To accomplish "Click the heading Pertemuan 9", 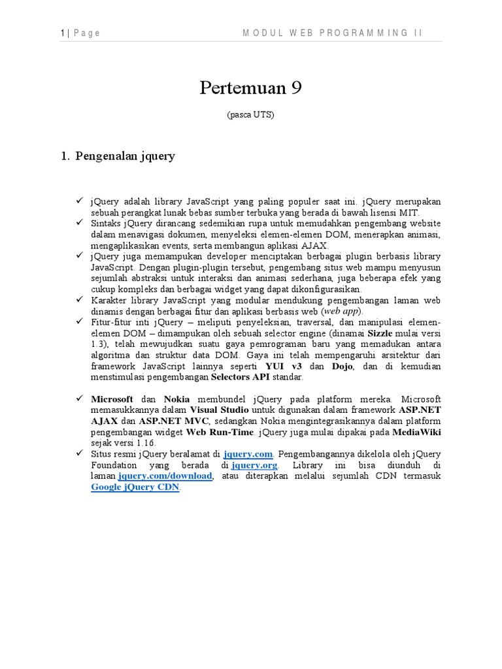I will point(250,88).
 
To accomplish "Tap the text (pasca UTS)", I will point(250,115).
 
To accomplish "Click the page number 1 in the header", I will point(61,33).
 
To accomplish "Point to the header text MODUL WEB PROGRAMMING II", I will point(333,33).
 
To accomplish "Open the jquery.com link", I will point(247,454).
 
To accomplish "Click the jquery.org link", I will point(254,465).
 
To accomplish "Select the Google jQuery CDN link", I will point(135,487).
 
